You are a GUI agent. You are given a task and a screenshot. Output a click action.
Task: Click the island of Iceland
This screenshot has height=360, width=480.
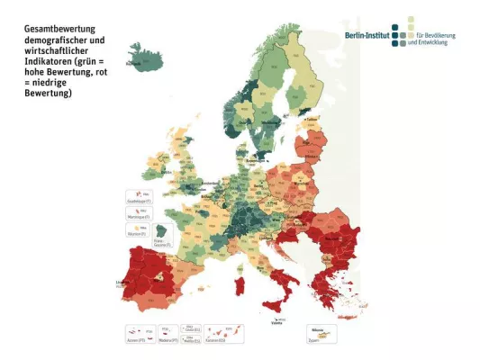(x=148, y=56)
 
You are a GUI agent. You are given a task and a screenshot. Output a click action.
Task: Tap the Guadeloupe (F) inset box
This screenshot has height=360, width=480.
(x=138, y=196)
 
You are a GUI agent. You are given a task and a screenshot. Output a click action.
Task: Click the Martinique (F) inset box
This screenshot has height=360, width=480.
(x=138, y=214)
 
